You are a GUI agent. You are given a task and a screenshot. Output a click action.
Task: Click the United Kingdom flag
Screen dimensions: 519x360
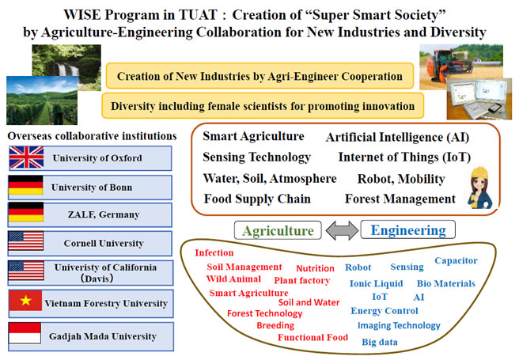26,157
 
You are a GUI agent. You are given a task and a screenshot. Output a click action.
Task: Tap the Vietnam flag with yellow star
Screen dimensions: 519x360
25,301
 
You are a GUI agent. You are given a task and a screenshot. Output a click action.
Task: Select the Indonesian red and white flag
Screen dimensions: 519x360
25,333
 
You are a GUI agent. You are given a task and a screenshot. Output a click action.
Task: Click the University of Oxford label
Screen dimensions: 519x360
97,158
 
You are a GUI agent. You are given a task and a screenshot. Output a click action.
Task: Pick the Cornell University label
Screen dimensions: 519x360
104,244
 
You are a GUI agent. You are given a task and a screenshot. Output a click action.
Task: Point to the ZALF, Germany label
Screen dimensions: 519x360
104,214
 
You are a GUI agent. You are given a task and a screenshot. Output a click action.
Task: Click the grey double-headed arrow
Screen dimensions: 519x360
342,230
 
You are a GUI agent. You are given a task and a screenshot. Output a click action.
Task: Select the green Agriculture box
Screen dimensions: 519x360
278,230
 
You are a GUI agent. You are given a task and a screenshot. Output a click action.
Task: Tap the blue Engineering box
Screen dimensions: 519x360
407,229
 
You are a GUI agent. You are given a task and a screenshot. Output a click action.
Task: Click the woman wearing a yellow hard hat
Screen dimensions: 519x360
479,188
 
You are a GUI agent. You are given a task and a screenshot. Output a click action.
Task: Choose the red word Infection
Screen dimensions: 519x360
214,253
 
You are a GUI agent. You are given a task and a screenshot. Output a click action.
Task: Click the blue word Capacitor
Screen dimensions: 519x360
456,261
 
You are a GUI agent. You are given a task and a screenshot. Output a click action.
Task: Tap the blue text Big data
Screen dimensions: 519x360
380,342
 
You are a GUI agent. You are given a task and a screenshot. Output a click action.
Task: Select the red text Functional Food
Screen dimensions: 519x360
313,337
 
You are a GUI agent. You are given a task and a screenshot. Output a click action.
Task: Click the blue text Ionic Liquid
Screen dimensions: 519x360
377,283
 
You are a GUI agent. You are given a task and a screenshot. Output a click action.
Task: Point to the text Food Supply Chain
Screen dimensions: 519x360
257,199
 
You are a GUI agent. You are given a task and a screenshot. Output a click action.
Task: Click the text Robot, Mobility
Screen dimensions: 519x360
401,179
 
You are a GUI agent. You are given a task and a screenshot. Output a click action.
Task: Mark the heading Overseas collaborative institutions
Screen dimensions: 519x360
92,136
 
